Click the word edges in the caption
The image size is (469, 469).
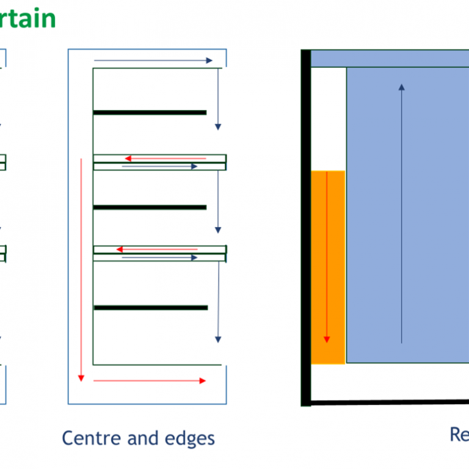click(189, 438)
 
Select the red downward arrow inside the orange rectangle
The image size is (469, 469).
click(327, 256)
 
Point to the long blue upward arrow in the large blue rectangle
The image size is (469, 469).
click(401, 214)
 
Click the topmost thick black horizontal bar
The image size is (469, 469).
click(150, 112)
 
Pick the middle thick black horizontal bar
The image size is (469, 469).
click(150, 208)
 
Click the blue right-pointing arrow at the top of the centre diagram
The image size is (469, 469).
click(153, 60)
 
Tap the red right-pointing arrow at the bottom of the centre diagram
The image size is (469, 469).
click(150, 380)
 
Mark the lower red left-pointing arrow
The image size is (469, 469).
click(157, 249)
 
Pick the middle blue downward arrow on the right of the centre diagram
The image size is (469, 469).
click(217, 202)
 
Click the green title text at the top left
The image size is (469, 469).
click(27, 18)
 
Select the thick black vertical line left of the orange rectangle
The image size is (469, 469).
click(306, 226)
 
